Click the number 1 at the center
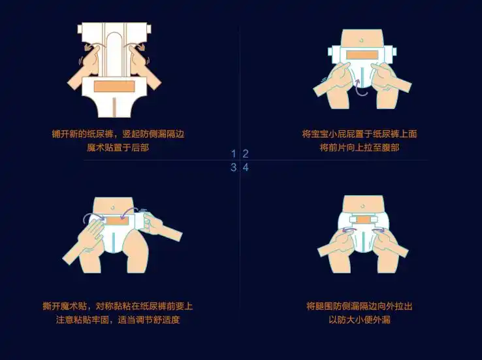(x=234, y=154)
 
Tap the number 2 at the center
(x=246, y=154)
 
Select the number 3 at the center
(x=234, y=167)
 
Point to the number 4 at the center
(x=246, y=167)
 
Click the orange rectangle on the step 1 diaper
(x=114, y=86)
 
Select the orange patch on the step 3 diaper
(x=117, y=221)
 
